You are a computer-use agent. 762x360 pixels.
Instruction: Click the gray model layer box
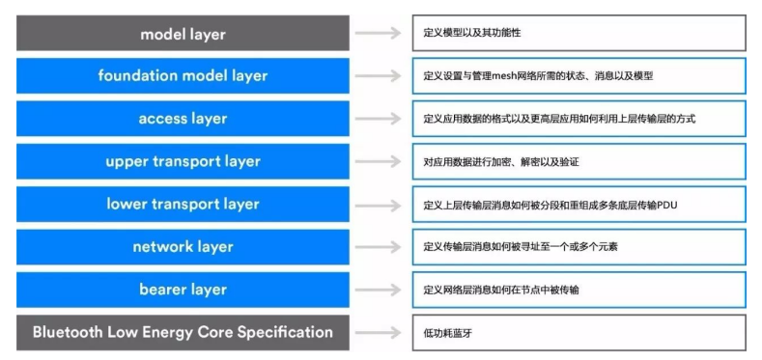pos(183,34)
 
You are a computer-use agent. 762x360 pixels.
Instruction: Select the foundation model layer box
pos(183,75)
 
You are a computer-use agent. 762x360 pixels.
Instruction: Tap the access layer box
pos(183,119)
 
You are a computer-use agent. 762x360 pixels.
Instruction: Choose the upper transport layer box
pos(183,161)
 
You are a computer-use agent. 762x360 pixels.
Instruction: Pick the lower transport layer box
pos(183,204)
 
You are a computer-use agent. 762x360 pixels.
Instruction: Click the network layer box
pos(183,246)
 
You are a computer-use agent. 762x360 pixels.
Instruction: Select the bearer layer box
pos(183,289)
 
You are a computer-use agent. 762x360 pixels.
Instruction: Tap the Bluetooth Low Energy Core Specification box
pos(183,332)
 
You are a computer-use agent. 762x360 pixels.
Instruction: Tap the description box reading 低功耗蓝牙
pos(579,332)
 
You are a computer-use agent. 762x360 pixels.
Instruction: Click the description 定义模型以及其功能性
pos(579,34)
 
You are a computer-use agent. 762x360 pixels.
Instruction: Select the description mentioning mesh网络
pos(579,75)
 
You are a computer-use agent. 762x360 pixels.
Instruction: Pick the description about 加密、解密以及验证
pos(579,161)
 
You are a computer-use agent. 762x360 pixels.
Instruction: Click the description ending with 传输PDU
pos(579,204)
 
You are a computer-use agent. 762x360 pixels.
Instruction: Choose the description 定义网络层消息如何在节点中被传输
pos(579,289)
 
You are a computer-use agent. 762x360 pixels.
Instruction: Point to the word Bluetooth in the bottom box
pos(67,332)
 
